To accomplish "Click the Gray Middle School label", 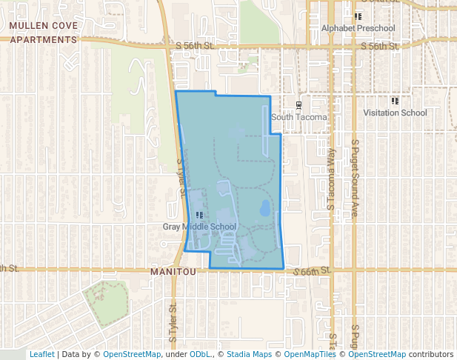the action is tap(199, 227).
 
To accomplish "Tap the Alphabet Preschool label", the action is tap(358, 28).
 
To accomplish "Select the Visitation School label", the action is tap(395, 113).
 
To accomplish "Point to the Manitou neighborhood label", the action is tap(173, 273).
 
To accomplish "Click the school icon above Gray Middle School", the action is tap(199, 215).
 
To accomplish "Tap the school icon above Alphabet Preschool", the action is tap(358, 16).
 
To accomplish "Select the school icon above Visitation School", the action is tap(395, 101).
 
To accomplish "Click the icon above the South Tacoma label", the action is tap(298, 104).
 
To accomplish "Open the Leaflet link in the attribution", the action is tap(41, 354).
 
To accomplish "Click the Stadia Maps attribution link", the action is tap(249, 354).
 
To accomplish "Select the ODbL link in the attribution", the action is tap(201, 354).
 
